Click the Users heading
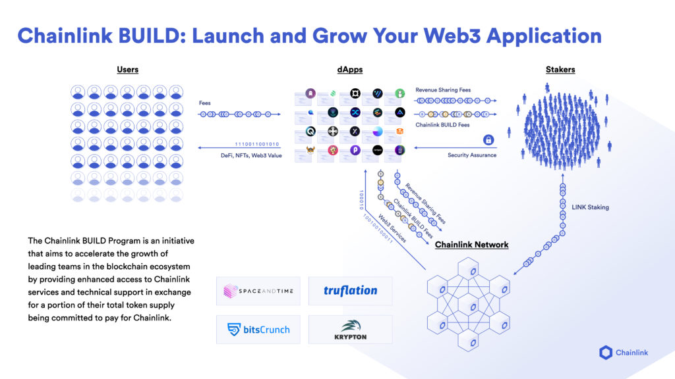127,70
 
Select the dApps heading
349,70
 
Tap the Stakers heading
560,70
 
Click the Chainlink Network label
471,245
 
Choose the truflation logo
350,291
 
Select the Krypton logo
350,329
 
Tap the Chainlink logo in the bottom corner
624,353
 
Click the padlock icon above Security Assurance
488,140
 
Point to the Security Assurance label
471,155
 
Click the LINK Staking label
590,207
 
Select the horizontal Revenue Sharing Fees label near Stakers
443,89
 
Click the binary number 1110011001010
257,144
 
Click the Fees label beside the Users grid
205,103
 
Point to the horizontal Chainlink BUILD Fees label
442,125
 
